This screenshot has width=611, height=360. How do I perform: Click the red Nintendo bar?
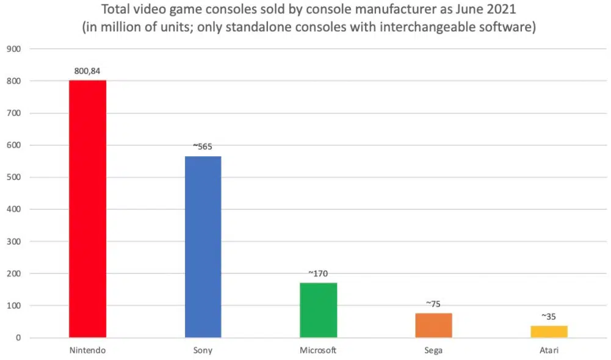tap(87, 209)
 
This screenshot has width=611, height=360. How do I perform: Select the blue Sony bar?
tap(203, 247)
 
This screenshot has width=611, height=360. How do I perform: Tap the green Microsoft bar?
tap(318, 310)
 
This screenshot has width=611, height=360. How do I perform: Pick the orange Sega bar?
tap(433, 325)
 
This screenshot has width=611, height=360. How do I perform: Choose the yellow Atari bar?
tap(549, 331)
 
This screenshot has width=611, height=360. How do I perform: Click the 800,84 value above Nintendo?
tap(87, 71)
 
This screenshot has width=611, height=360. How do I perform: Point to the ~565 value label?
tap(203, 146)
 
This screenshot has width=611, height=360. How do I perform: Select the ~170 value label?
tap(318, 273)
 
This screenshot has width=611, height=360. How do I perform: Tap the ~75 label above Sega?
tap(433, 304)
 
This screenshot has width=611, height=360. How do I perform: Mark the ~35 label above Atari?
tap(549, 317)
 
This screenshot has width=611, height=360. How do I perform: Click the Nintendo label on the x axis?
tap(87, 351)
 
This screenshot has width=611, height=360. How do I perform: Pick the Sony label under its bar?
tap(203, 351)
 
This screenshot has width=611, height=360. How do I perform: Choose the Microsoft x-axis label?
tap(318, 351)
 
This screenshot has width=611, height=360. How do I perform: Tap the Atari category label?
tap(549, 351)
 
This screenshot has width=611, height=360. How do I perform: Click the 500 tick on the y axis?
tap(13, 178)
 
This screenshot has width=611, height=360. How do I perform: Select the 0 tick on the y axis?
tap(18, 337)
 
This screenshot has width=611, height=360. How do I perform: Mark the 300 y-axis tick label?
tap(13, 242)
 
